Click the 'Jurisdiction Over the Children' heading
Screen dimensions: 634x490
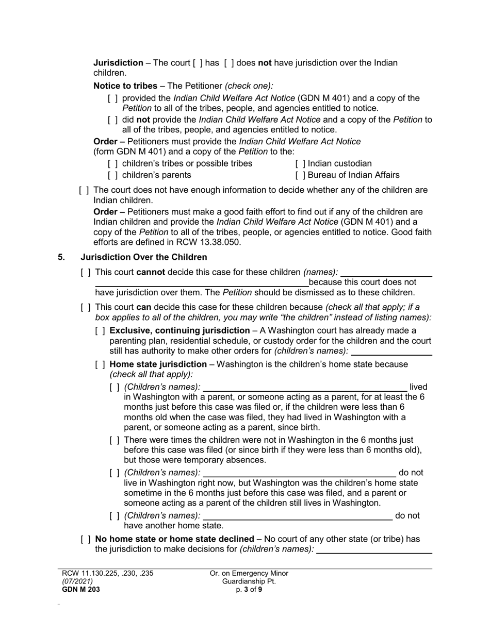[x=144, y=257]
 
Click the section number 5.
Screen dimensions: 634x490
[x=62, y=257]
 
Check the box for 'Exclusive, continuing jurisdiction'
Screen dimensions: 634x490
[x=100, y=330]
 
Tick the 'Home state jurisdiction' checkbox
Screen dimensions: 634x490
[x=100, y=364]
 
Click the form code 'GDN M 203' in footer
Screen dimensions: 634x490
[x=81, y=590]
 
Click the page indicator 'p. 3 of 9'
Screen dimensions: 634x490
[x=249, y=590]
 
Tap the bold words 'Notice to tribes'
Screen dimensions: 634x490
[x=125, y=86]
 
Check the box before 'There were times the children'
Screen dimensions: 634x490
[x=115, y=440]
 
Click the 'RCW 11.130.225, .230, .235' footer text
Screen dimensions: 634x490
[x=107, y=573]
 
